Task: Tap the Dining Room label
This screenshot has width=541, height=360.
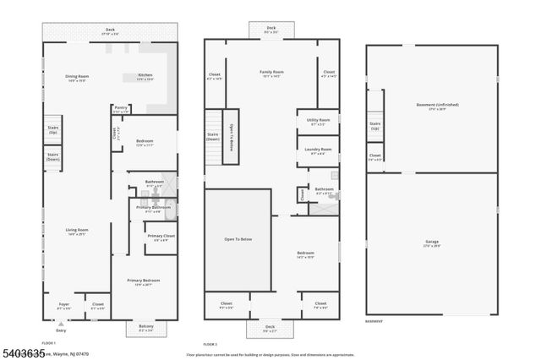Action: (x=78, y=77)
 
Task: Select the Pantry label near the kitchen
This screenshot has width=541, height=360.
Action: (x=121, y=107)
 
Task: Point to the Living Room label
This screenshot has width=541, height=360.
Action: (x=78, y=230)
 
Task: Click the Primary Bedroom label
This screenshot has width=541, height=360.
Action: (x=144, y=281)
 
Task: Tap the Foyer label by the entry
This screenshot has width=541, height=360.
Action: (x=63, y=304)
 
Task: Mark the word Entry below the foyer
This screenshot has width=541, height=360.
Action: (x=60, y=330)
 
